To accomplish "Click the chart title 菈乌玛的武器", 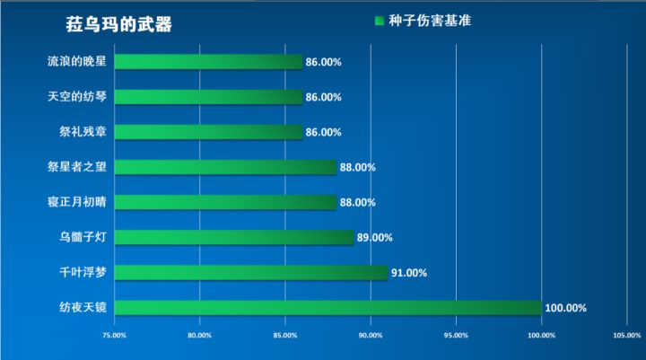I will tap(118, 23).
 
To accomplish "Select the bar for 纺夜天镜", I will tap(328, 308).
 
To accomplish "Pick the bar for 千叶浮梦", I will tap(251, 273).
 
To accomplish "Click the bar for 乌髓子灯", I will tap(234, 238).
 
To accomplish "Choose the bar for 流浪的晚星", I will tap(208, 62).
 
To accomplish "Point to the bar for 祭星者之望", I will tap(225, 167).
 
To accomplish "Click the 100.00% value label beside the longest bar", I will tap(565, 308).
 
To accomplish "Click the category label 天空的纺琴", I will tap(76, 97).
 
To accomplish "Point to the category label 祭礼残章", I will tap(83, 132).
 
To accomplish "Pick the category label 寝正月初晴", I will tap(76, 202).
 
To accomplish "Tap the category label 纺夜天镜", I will tap(83, 308).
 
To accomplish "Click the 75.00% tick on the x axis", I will tap(114, 336).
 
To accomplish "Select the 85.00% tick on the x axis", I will tap(284, 336).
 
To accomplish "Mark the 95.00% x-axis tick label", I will tap(456, 336).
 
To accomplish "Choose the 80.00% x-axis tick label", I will tap(199, 336).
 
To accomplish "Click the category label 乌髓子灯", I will tap(83, 238).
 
